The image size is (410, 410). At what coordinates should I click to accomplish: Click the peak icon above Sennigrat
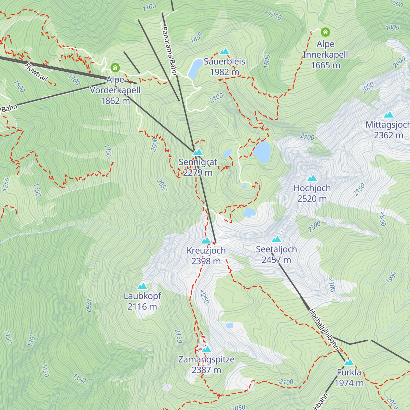click(197, 152)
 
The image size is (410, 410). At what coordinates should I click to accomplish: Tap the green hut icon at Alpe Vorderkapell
click(115, 68)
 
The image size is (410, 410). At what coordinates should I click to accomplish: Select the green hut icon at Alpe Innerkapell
click(325, 32)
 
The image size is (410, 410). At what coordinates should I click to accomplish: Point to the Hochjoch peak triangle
click(312, 178)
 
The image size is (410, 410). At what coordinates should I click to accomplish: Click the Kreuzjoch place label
click(206, 250)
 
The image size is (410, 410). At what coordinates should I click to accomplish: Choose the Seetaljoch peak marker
click(276, 239)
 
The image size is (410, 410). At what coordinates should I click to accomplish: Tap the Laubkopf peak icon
click(142, 286)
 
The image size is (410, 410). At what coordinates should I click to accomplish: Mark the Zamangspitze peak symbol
click(206, 350)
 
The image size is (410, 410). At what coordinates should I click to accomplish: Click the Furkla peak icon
click(349, 363)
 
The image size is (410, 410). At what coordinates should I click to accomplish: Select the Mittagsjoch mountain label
click(387, 125)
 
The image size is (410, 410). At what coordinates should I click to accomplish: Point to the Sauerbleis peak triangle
click(224, 52)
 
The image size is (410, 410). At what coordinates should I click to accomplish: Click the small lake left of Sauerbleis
click(195, 68)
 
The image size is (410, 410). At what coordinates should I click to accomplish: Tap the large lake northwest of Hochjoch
click(262, 151)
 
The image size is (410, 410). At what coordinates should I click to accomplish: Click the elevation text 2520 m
click(312, 199)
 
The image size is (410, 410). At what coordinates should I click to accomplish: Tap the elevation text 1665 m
click(325, 65)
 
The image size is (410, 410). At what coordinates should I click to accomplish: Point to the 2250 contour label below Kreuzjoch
click(204, 297)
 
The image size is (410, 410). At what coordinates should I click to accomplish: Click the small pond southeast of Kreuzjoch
click(230, 326)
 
